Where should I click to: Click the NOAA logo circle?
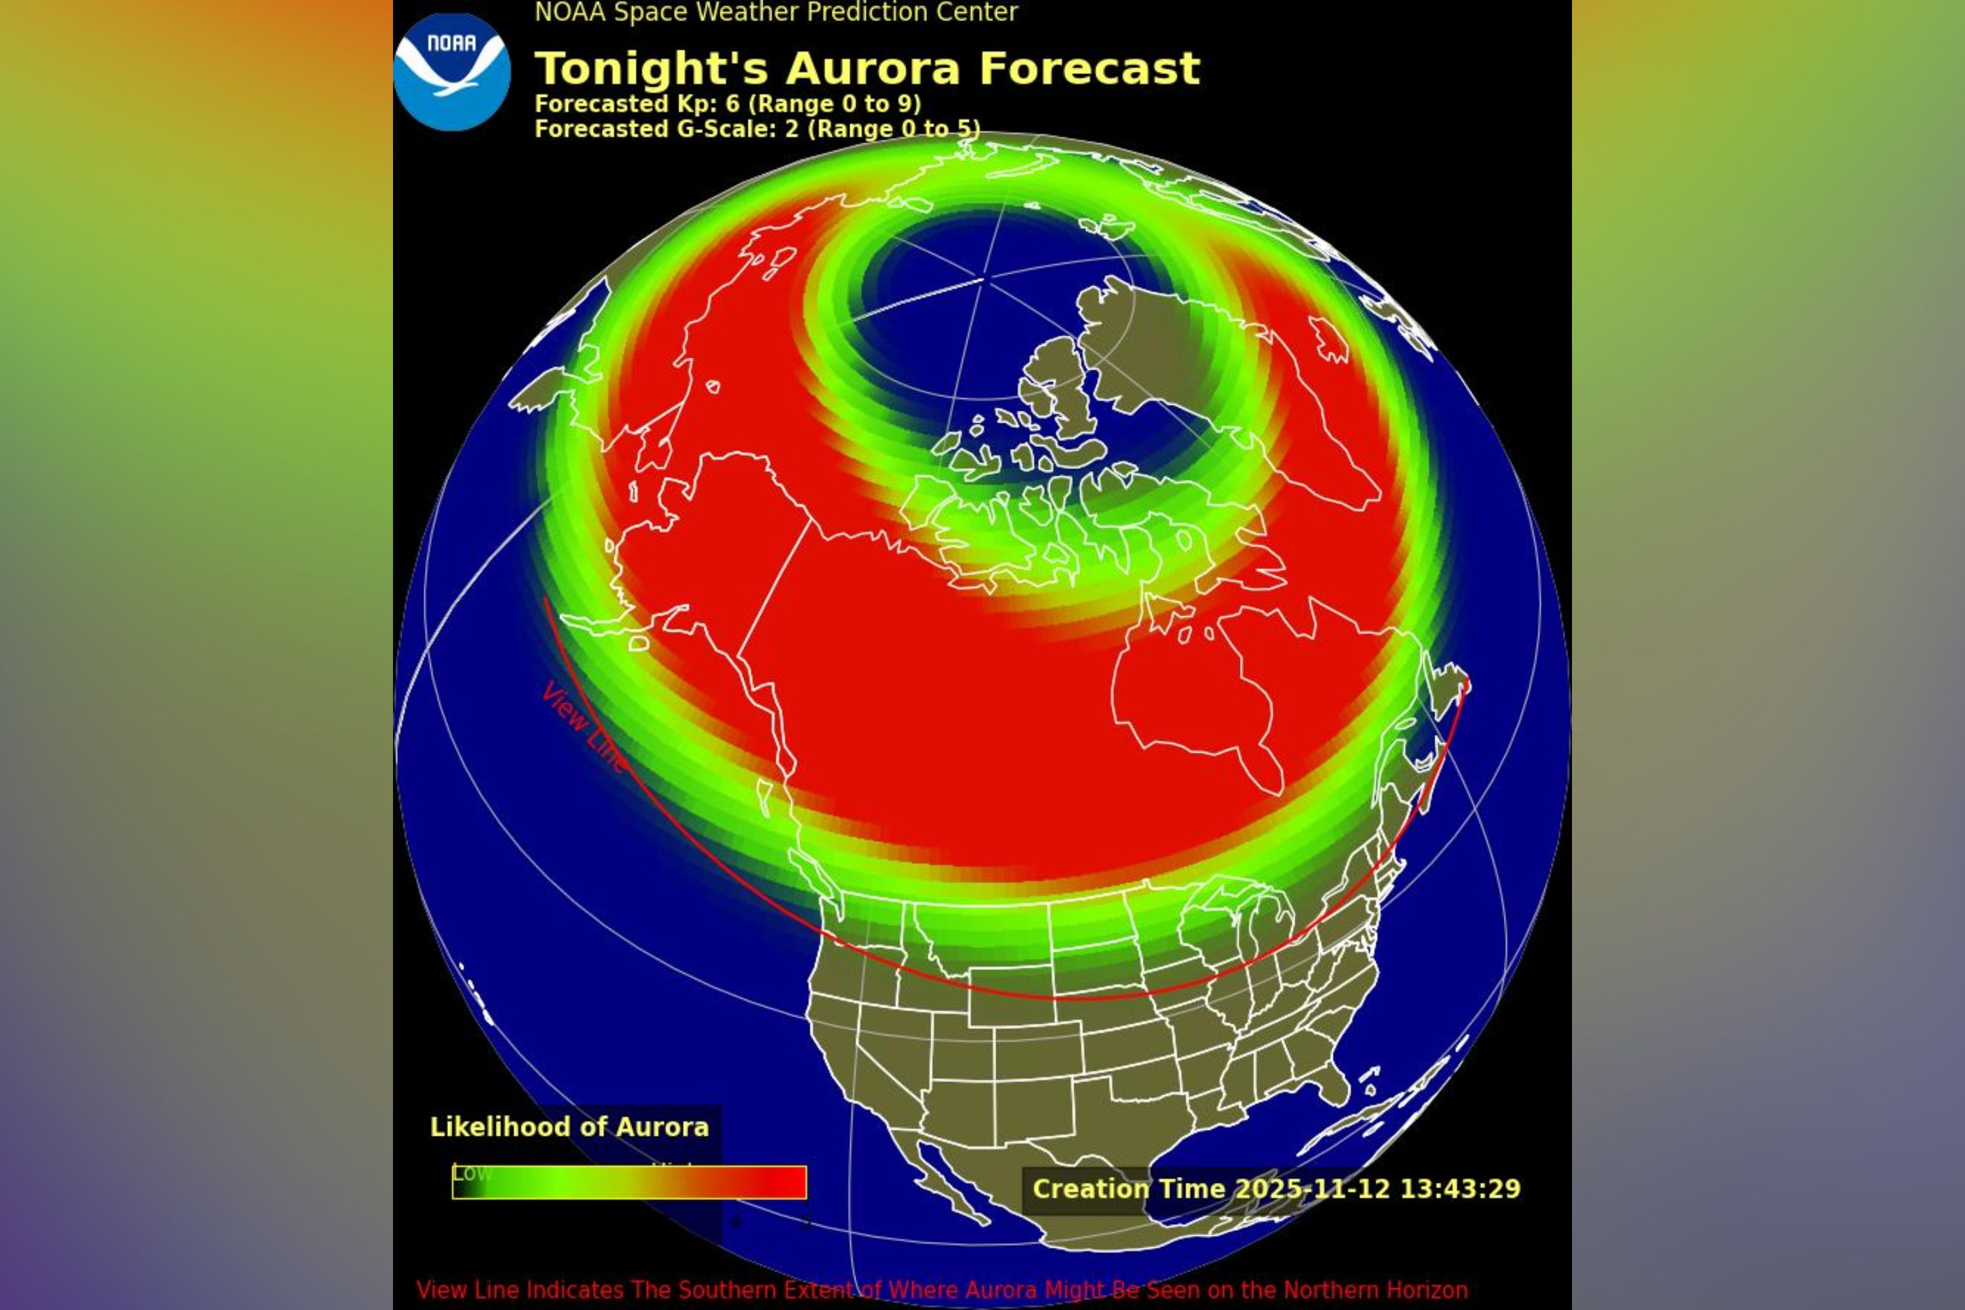tap(452, 72)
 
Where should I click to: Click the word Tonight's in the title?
tap(650, 69)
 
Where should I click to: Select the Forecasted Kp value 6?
tap(733, 104)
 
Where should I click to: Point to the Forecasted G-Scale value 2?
tap(791, 130)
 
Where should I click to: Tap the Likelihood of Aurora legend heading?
tap(569, 1127)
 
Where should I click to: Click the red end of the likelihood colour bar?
tap(785, 1182)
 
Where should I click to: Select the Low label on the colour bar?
tap(471, 1173)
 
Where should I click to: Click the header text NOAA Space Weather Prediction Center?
tap(776, 12)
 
